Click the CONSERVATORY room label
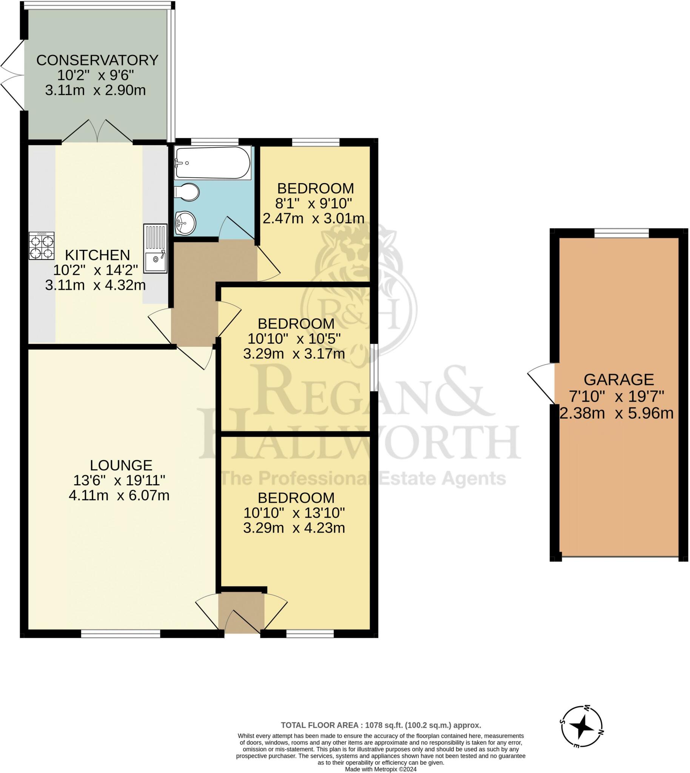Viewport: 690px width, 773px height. (97, 60)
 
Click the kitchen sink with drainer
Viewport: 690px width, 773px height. (155, 248)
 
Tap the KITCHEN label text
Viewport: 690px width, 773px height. (97, 255)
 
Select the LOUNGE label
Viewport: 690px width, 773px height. (121, 465)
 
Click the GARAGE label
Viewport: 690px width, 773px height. (619, 379)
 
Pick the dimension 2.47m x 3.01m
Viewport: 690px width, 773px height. (314, 219)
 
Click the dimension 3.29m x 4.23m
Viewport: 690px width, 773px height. (294, 528)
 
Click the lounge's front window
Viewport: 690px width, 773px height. (120, 634)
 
